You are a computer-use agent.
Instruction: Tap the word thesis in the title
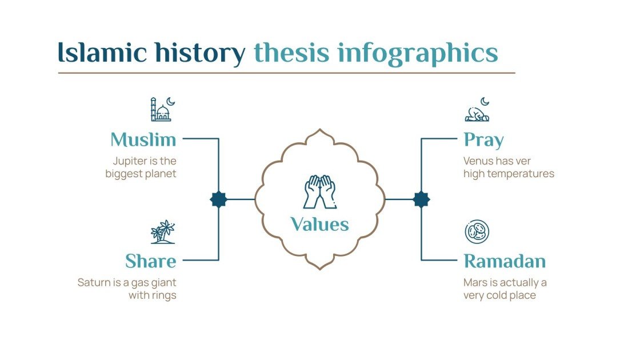tap(291, 53)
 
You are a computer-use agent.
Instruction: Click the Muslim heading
tap(143, 139)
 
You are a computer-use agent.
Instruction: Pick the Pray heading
tap(483, 139)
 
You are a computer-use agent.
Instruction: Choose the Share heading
tap(150, 261)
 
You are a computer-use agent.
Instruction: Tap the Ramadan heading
tap(505, 261)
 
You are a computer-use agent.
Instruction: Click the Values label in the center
tap(319, 224)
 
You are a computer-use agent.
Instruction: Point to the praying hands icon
tap(319, 191)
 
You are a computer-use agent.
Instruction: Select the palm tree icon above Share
tap(162, 231)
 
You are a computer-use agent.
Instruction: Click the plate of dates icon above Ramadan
tap(477, 231)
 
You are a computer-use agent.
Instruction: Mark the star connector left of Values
tap(219, 199)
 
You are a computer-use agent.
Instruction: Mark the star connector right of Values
tap(421, 199)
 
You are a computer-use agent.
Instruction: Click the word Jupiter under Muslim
tap(129, 161)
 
